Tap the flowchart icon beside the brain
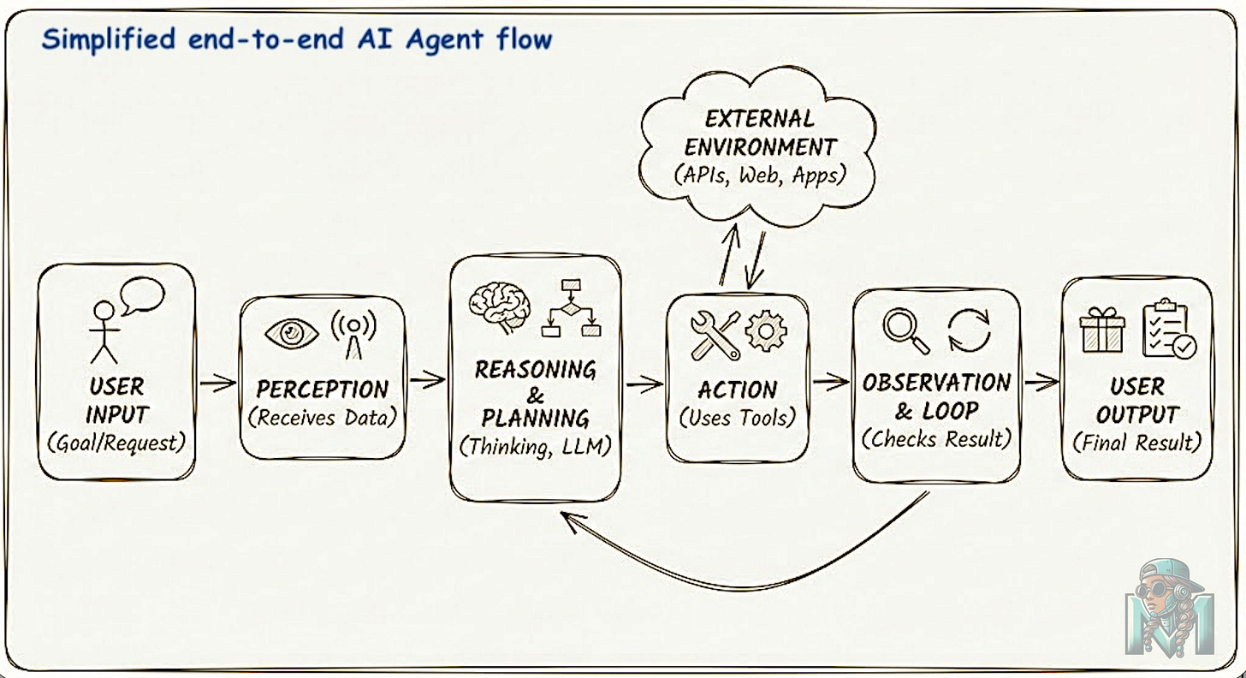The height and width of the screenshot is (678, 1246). (x=571, y=308)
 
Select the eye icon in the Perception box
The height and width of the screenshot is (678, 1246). (x=291, y=333)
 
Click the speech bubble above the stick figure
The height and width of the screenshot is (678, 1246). (x=142, y=296)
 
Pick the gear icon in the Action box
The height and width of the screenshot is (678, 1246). (x=765, y=331)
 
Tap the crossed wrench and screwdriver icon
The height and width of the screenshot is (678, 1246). (x=715, y=335)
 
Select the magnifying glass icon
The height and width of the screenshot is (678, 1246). (x=906, y=330)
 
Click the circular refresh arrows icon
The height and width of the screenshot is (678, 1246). (x=969, y=330)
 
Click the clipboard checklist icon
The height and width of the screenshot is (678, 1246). (x=1168, y=329)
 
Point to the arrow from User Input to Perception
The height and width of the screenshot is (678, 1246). (x=217, y=383)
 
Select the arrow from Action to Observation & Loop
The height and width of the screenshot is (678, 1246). (x=830, y=383)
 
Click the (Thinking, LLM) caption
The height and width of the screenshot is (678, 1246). (x=536, y=447)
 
